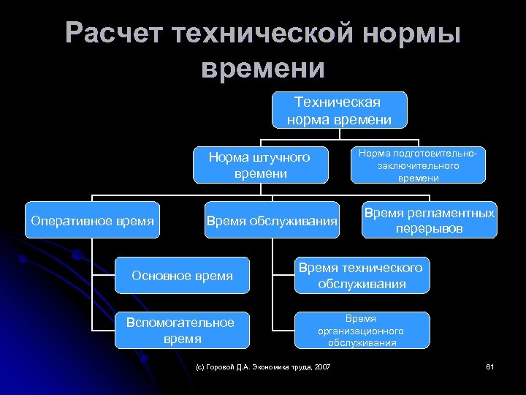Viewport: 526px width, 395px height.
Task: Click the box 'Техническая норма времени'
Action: tap(339, 110)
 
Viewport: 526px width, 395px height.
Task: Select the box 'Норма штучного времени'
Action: tap(259, 165)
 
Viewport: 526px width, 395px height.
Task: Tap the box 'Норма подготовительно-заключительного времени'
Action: tap(419, 165)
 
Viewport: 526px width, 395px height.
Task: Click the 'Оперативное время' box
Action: tap(93, 220)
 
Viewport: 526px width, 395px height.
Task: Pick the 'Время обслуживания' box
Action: tap(272, 220)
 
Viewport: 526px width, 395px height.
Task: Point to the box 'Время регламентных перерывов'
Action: tap(430, 220)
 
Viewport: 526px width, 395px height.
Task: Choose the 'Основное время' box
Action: tap(182, 276)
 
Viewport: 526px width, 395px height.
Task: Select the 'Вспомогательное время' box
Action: tap(180, 331)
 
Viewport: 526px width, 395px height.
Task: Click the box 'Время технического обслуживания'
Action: tap(362, 275)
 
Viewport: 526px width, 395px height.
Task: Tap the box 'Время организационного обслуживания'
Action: tap(362, 331)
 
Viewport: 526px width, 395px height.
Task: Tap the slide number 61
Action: tap(490, 366)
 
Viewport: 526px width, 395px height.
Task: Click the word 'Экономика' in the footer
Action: tap(270, 366)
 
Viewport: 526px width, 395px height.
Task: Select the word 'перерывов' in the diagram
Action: tap(430, 228)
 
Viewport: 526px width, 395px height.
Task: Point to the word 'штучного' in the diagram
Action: tap(279, 157)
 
